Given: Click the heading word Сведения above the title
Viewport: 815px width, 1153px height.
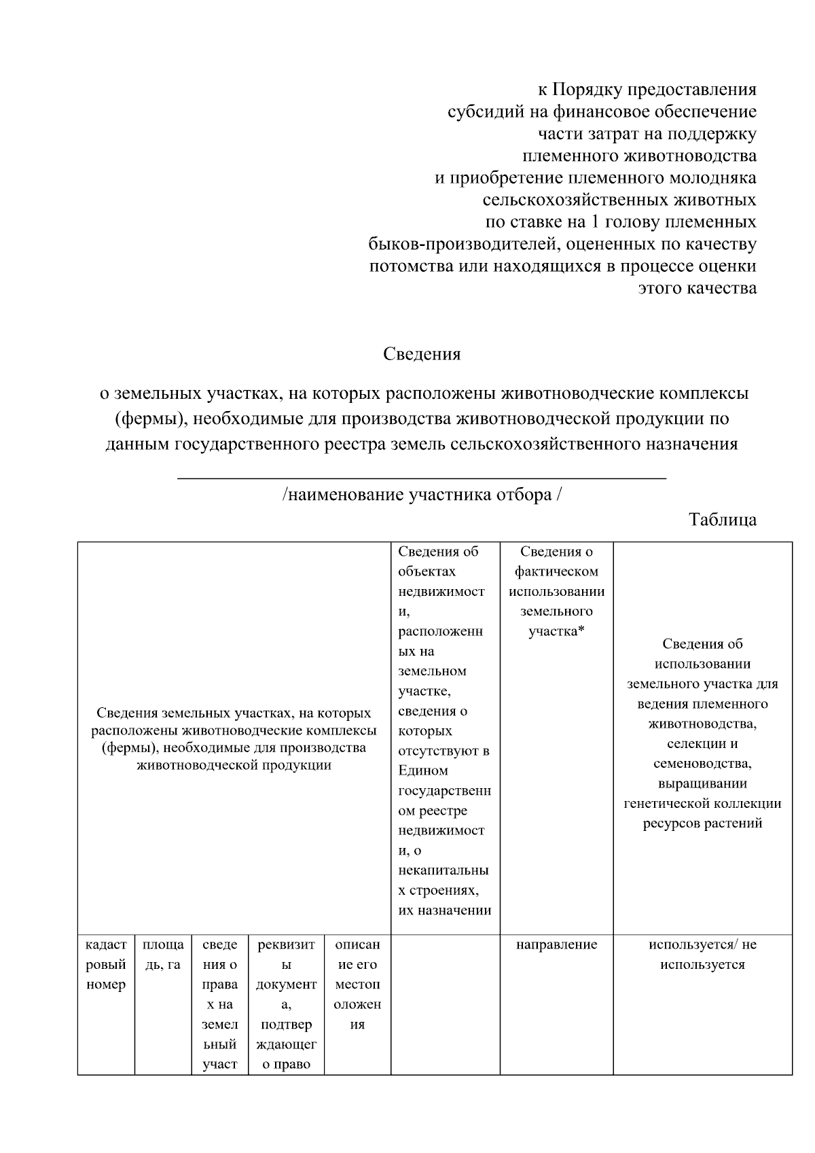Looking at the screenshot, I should click(422, 354).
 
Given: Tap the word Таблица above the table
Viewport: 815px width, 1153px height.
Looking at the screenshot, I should click(723, 520).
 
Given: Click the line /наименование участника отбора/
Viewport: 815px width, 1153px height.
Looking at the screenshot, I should click(422, 495).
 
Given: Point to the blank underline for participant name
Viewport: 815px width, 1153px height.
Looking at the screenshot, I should click(422, 478).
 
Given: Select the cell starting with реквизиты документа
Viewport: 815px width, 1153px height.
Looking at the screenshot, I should click(286, 1004).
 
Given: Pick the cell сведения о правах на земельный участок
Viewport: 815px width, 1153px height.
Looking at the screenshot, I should click(219, 1004).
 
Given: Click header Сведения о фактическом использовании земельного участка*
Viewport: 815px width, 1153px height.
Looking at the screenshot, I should click(556, 591).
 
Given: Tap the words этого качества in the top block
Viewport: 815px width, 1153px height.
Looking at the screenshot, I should click(698, 288).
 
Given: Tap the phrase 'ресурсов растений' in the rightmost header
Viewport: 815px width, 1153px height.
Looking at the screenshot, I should click(702, 823).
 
